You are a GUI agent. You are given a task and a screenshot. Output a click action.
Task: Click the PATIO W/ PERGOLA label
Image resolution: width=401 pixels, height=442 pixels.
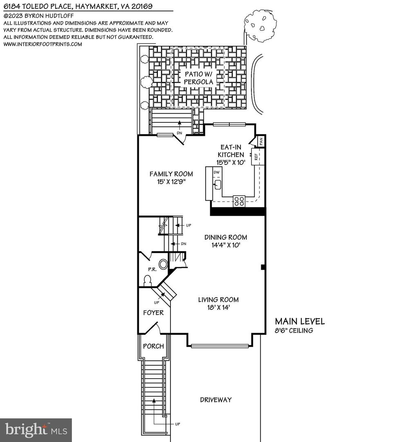(198, 78)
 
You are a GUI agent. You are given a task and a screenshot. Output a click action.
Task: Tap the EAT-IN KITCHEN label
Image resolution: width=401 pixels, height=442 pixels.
(231, 154)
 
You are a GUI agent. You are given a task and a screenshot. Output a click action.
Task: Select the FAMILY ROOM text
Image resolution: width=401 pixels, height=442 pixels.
(171, 177)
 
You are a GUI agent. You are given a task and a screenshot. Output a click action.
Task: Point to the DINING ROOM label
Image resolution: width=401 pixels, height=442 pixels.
(226, 241)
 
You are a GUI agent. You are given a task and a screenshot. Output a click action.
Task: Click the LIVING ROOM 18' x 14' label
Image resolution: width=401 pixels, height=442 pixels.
(218, 303)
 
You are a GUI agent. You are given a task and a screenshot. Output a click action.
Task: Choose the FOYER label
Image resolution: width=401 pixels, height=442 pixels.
(153, 313)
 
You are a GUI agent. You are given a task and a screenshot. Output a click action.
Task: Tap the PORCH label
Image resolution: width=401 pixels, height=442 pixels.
(153, 346)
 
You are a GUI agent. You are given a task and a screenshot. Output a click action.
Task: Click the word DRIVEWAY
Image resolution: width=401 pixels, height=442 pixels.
(216, 399)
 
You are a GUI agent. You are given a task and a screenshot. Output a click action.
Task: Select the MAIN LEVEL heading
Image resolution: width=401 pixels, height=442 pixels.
(300, 321)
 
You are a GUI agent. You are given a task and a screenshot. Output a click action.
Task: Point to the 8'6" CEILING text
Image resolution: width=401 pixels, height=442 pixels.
(294, 330)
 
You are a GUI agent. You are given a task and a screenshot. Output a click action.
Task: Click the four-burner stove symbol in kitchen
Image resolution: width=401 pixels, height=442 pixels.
(239, 201)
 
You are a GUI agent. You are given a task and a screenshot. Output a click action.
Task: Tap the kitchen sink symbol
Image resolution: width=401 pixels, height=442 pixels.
(217, 185)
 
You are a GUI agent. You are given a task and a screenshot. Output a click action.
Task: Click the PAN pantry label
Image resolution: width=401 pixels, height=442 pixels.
(261, 141)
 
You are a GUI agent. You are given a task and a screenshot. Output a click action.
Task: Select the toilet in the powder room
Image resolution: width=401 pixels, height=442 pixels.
(148, 280)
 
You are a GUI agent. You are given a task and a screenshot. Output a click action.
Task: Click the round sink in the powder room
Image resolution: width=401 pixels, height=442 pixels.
(163, 264)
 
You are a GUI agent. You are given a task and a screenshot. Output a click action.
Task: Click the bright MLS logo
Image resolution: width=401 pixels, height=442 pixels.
(36, 430)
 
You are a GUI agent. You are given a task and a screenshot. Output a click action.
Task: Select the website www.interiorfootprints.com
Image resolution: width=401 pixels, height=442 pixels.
(43, 44)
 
